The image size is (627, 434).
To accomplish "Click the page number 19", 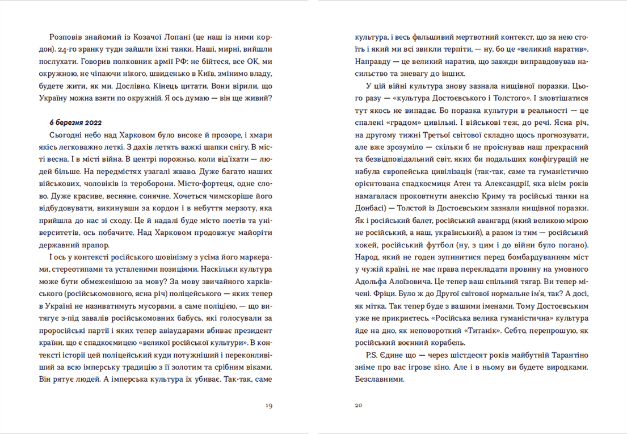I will (268, 406).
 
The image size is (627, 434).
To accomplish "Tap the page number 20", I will (358, 406).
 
